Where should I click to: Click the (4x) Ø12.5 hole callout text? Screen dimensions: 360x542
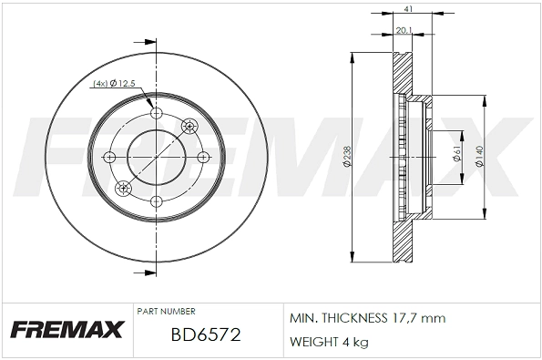114,85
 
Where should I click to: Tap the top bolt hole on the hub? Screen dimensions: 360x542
156,114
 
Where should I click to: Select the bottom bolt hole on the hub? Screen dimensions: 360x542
156,201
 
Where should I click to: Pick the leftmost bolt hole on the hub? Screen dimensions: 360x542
112,157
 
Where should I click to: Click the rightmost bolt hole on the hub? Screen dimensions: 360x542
199,157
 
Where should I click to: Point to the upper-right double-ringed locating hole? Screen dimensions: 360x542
189,126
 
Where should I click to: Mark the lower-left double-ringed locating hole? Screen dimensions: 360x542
123,189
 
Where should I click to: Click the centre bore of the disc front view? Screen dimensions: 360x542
156,157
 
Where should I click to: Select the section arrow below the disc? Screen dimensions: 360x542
141,273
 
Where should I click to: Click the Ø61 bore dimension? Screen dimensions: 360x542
456,158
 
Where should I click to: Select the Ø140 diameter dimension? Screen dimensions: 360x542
480,158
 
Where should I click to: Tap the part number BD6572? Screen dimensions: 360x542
205,335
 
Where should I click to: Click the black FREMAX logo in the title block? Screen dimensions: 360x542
66,330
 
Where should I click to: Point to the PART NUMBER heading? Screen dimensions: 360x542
165,312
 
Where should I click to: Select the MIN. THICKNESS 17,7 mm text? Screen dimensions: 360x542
366,318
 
